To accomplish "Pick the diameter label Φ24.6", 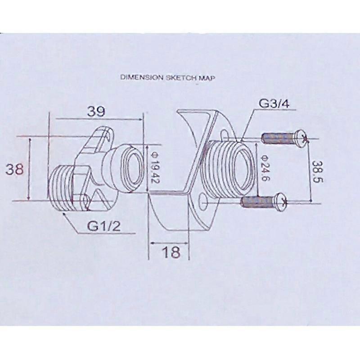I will point(265,168).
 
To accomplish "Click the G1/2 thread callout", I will point(104,225).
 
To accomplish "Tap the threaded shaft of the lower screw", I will point(257,202).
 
